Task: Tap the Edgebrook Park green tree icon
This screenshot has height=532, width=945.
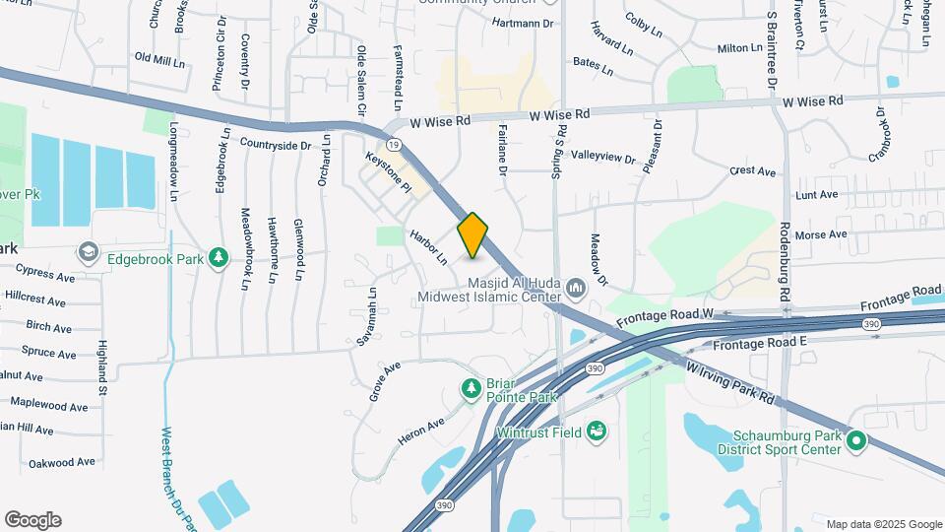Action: tap(219, 259)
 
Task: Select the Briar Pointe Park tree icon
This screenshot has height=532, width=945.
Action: tap(472, 389)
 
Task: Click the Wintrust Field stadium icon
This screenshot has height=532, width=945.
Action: tap(596, 431)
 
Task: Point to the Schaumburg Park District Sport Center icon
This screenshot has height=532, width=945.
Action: tap(856, 441)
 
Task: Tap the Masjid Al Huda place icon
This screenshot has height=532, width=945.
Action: tap(576, 288)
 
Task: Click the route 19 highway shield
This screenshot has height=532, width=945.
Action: tap(394, 144)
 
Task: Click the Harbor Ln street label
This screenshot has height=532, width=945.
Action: tap(428, 247)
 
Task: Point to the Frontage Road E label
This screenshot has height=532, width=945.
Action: tap(760, 342)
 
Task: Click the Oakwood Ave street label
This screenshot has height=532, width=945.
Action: tap(61, 461)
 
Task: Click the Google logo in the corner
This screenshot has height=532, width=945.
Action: tap(32, 520)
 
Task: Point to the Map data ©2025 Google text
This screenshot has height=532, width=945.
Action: tap(884, 524)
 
